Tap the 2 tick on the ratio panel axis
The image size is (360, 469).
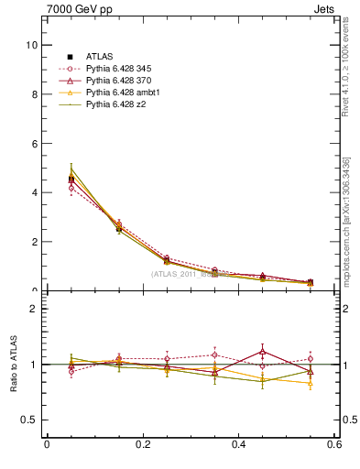[34, 309]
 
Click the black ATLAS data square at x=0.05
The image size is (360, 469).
[71, 180]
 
